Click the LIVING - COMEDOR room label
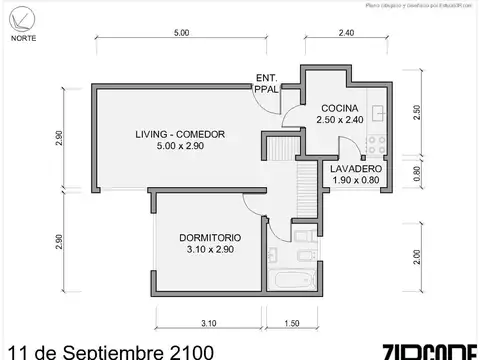180,134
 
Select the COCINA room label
339,108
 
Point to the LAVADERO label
356,169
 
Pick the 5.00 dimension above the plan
181,33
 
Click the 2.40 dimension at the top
345,33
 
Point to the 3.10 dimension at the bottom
208,323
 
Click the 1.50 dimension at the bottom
292,323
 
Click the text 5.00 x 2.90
180,147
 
